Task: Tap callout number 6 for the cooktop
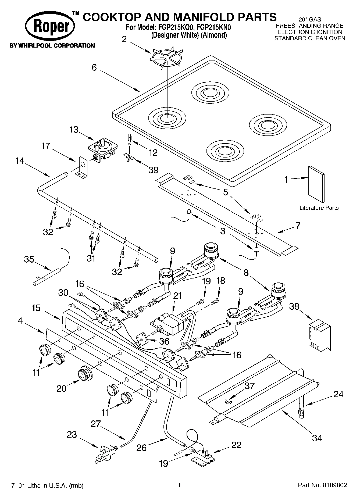point(94,67)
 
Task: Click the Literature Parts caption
point(319,208)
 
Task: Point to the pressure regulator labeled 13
point(103,150)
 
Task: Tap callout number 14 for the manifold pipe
point(20,161)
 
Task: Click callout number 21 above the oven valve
point(177,296)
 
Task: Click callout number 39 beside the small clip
point(154,170)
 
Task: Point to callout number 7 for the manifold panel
point(298,226)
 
